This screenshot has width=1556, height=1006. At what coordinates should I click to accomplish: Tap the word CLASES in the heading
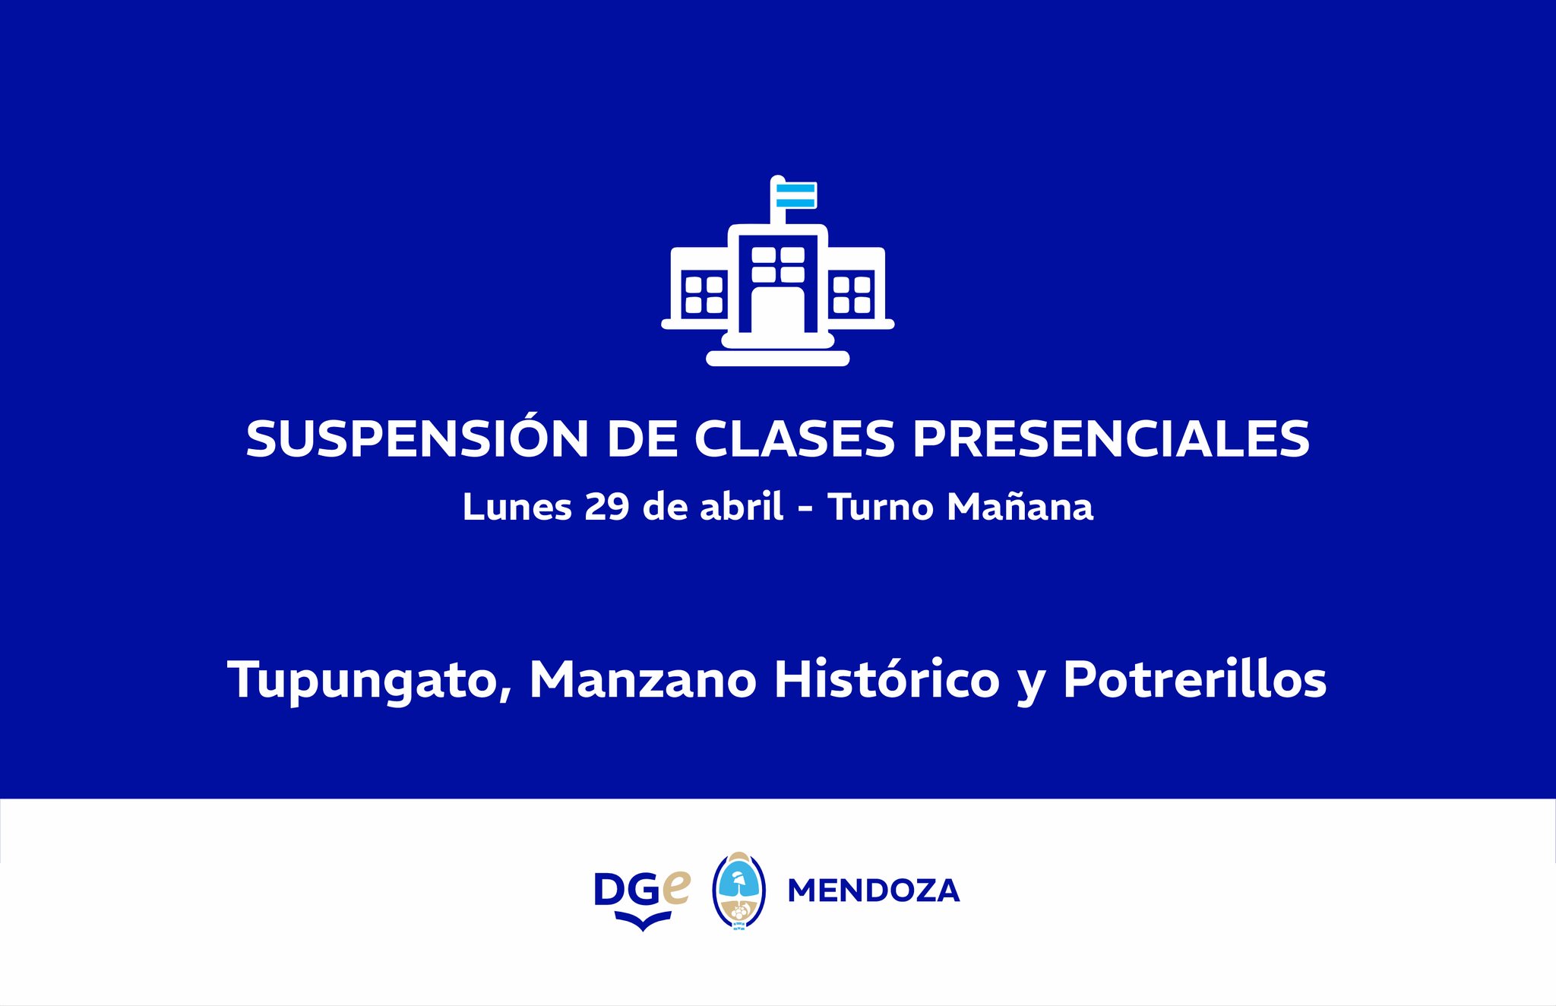point(795,438)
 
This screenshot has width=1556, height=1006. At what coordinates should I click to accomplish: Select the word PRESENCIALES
point(1111,438)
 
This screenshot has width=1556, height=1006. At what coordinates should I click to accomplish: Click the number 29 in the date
point(607,507)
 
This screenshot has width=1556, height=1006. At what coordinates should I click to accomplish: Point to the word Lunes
point(517,507)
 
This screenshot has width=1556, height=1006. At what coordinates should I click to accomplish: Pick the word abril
point(742,506)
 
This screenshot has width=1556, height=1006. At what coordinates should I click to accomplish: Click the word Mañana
point(1020,506)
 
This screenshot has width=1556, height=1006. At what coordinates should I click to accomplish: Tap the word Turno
point(881,507)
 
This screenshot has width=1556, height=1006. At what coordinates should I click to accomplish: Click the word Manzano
point(643,679)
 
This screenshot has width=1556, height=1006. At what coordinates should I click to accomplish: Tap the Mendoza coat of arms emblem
point(738,891)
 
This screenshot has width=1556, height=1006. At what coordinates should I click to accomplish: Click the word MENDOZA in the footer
point(874,891)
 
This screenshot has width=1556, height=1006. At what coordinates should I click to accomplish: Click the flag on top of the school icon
point(795,195)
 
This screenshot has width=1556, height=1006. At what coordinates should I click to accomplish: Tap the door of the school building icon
point(777,309)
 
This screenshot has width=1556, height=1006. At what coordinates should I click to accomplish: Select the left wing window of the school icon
point(704,294)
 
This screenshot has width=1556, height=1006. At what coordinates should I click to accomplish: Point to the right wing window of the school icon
point(852,294)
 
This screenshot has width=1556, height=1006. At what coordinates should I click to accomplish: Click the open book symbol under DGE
point(643,921)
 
